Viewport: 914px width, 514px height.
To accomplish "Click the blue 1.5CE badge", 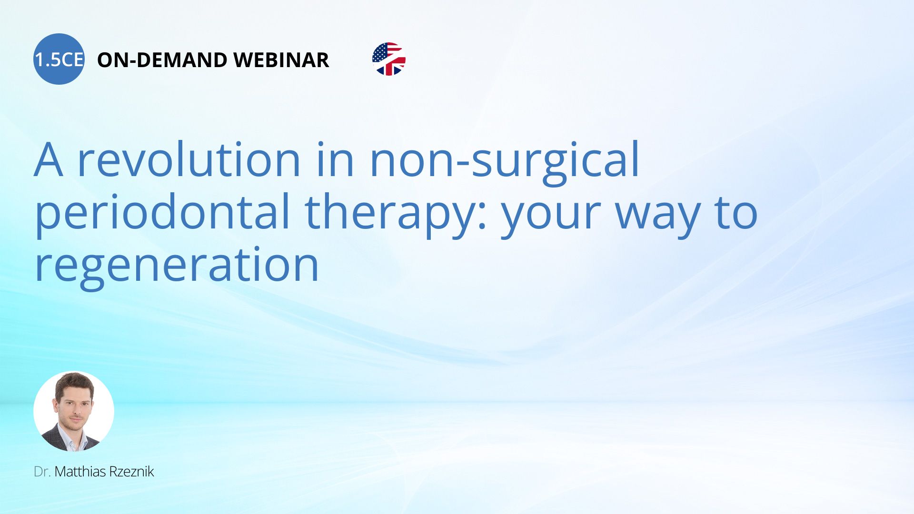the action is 59,59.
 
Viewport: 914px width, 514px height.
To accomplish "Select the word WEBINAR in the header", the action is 281,60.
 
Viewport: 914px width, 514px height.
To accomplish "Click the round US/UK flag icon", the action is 389,59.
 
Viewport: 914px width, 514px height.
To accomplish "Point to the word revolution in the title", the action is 189,159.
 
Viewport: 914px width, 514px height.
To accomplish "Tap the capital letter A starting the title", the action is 49,159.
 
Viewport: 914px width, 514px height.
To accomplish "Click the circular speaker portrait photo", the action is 74,411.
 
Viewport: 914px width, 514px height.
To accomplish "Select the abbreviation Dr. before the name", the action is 42,472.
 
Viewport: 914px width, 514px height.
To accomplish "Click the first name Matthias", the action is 80,472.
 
